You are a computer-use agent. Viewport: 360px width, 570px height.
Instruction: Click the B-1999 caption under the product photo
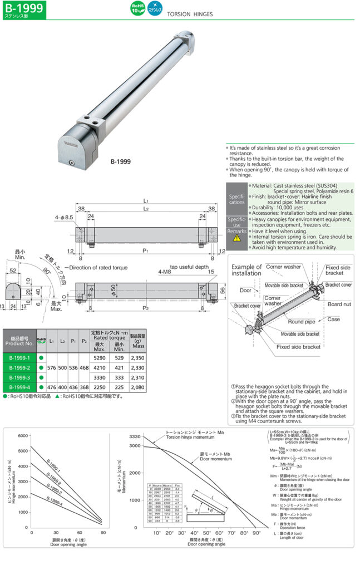click(120, 161)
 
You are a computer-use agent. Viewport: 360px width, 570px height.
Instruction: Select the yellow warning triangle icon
click(236, 237)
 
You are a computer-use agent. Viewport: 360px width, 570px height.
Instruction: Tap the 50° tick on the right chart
click(206, 533)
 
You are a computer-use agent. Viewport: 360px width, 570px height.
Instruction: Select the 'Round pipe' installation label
click(303, 321)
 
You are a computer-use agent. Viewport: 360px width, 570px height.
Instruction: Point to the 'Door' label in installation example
click(246, 290)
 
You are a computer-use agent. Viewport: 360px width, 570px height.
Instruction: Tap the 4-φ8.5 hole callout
click(63, 217)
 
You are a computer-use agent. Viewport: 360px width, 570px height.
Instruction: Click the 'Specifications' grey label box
click(236, 198)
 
